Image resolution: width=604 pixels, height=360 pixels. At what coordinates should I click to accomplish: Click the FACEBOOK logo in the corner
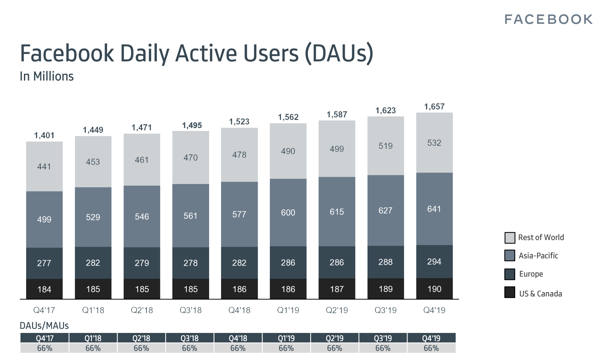548,20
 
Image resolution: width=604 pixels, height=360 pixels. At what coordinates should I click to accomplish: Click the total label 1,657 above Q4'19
434,107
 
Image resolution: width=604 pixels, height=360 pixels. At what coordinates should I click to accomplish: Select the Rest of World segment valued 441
44,166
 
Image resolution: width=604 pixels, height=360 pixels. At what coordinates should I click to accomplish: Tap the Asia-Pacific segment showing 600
288,212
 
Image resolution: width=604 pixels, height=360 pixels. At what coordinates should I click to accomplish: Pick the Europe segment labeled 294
434,262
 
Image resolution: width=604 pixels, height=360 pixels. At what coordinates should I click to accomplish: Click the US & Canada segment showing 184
44,289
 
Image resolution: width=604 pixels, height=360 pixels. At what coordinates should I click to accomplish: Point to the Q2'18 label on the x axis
142,310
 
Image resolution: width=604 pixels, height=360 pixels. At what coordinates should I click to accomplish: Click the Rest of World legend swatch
510,238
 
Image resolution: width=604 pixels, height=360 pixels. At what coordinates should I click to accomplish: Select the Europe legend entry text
531,274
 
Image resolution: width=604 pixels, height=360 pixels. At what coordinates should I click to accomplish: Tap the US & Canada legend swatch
510,292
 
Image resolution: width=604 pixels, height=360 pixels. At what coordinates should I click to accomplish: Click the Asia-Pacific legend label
538,256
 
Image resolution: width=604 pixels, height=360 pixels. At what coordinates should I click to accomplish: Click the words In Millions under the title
47,76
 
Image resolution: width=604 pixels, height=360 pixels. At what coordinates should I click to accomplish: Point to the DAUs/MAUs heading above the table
44,326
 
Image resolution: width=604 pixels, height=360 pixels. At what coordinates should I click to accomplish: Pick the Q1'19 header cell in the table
286,338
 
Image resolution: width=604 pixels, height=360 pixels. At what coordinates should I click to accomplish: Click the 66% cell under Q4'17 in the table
44,348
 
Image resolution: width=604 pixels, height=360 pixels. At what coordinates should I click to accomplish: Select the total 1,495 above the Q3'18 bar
192,125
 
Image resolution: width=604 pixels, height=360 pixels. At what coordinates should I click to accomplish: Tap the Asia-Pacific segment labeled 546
142,217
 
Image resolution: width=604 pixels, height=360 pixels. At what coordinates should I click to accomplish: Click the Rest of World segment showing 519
385,146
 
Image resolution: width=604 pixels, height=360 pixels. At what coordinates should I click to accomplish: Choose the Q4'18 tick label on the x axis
239,310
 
